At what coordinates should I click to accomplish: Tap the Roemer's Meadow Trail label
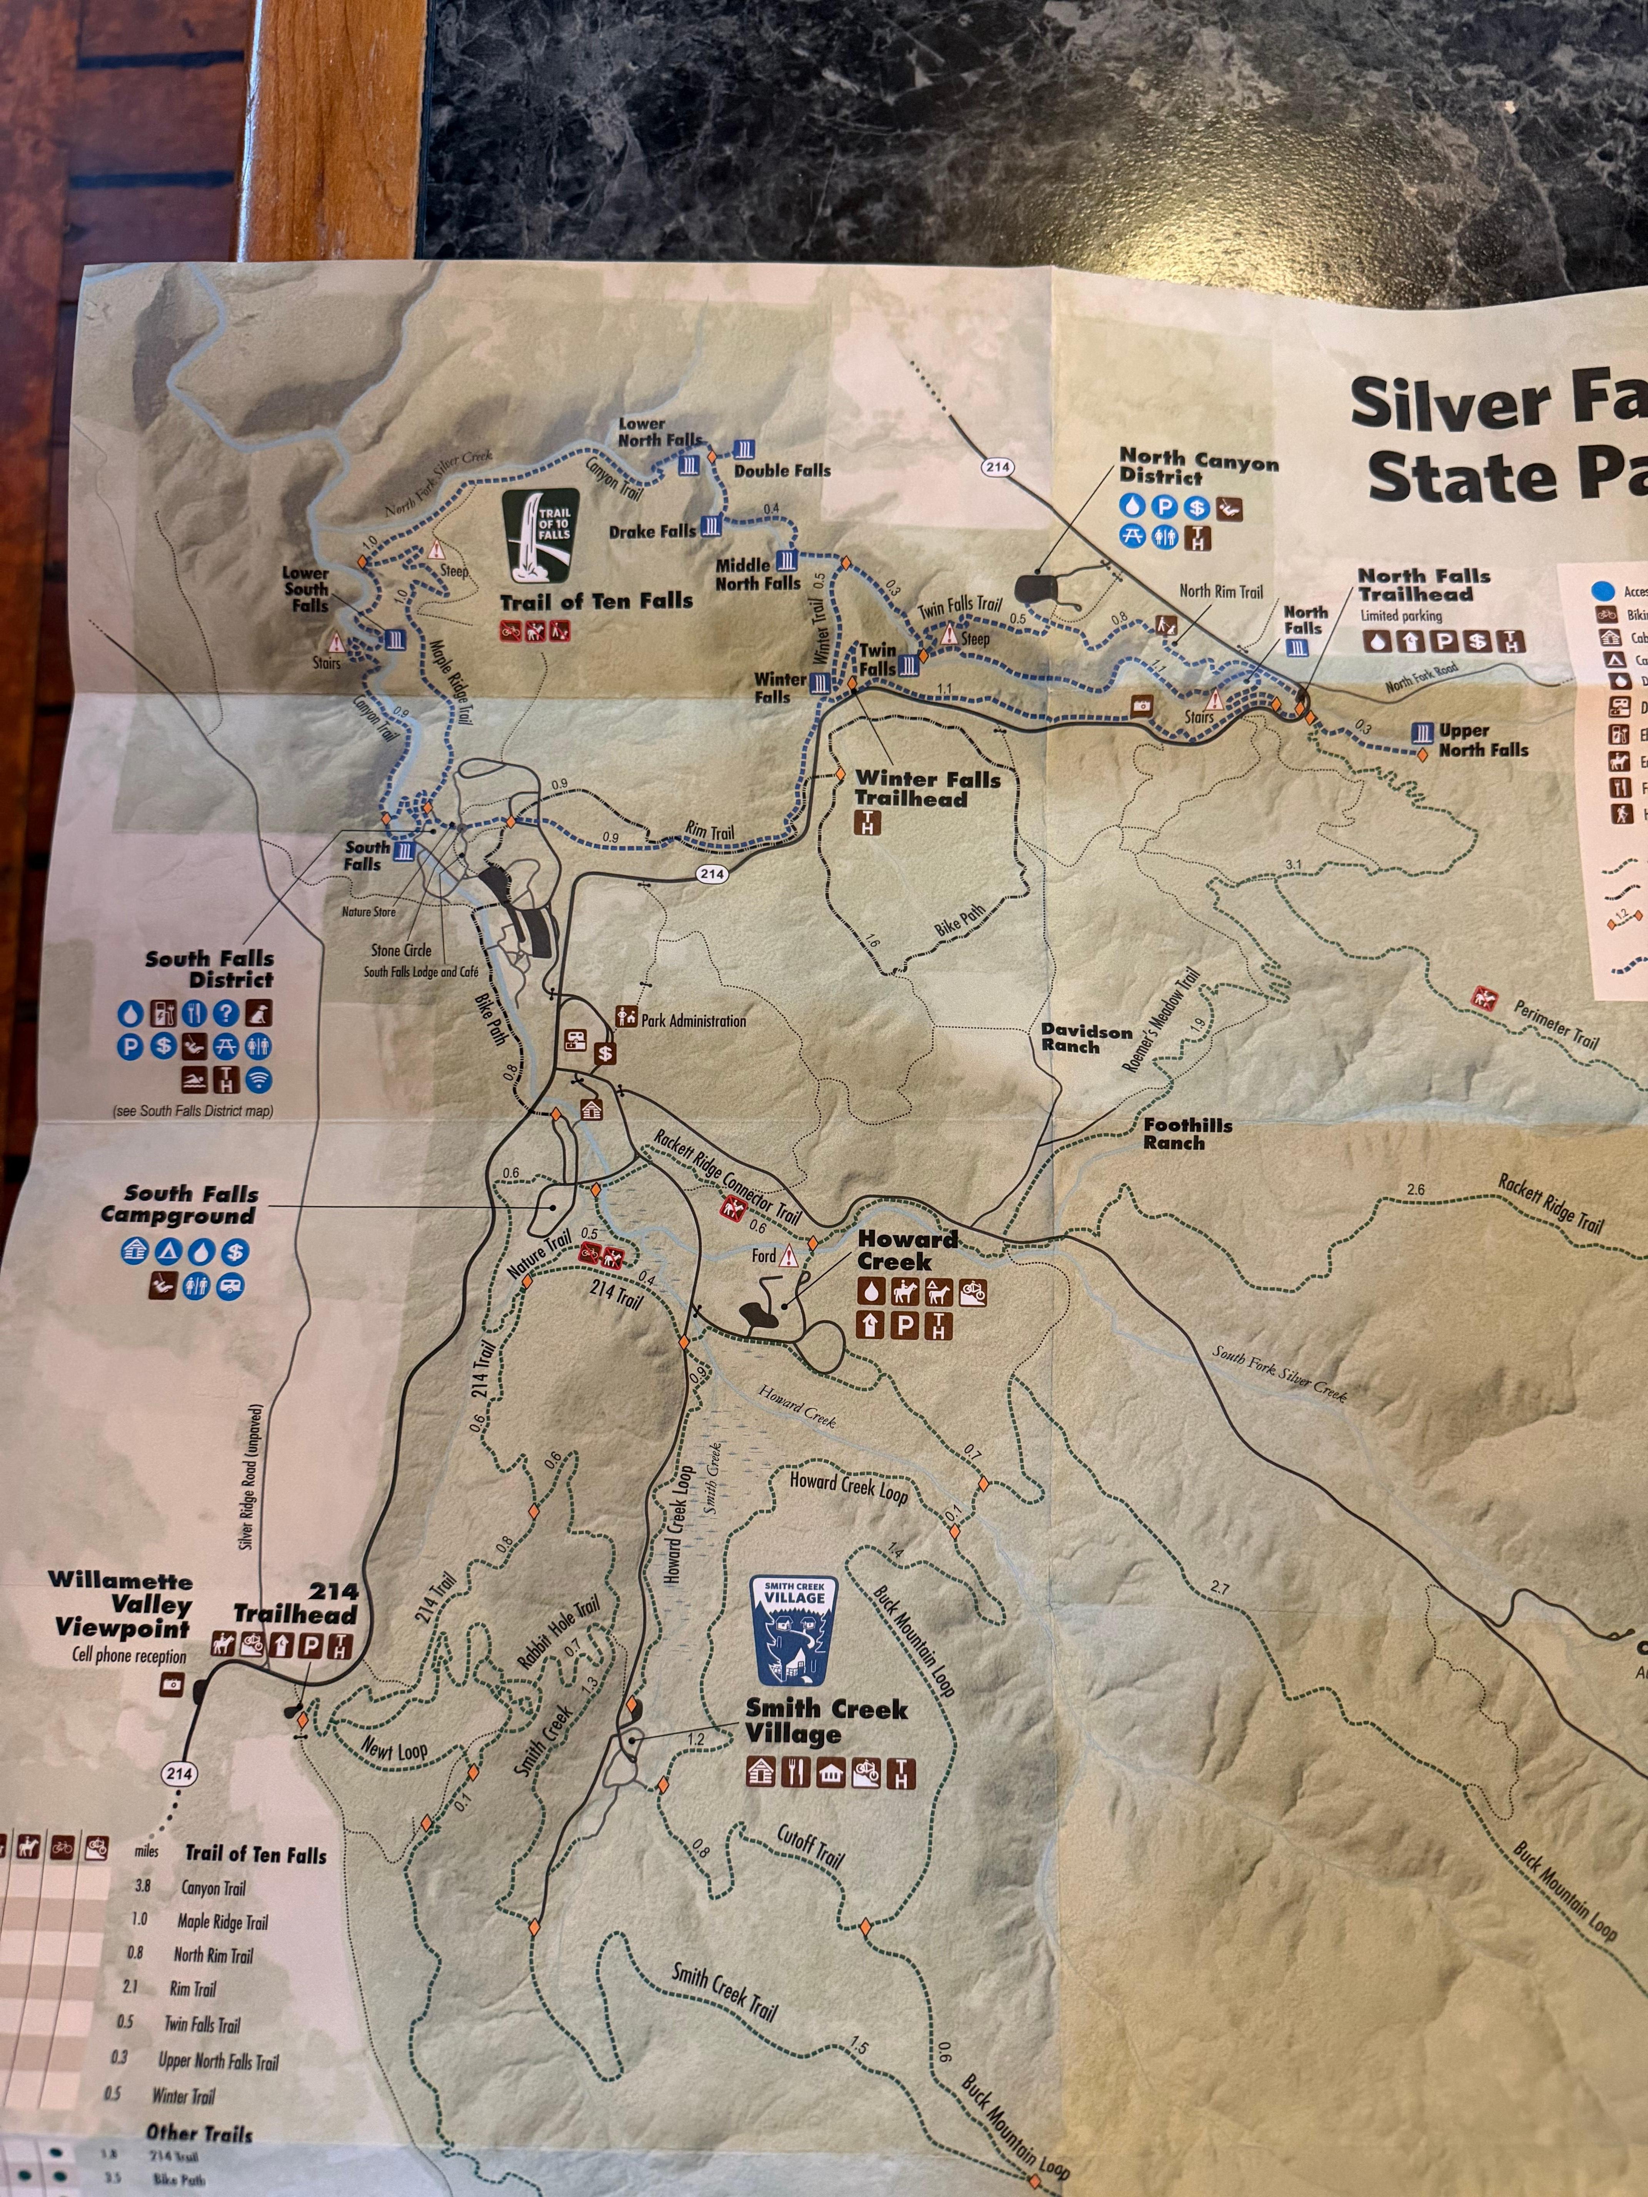tap(1169, 1028)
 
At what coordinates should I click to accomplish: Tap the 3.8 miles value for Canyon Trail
tap(142, 1887)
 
